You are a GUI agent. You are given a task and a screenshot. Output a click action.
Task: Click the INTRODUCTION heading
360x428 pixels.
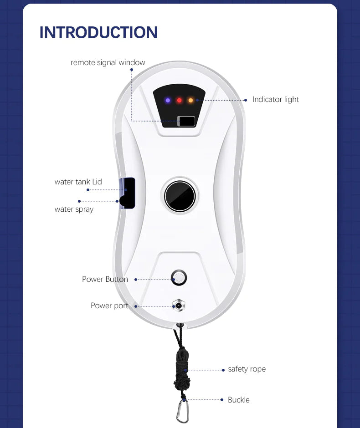pos(98,32)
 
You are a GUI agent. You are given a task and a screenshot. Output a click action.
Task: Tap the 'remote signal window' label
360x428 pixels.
pos(108,62)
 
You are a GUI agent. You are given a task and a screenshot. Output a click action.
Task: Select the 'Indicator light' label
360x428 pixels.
pos(276,99)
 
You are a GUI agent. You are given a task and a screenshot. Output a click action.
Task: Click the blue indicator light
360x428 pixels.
pos(168,100)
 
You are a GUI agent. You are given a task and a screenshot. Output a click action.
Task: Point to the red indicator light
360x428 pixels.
pos(179,100)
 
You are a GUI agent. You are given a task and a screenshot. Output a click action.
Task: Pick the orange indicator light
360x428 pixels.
pos(190,100)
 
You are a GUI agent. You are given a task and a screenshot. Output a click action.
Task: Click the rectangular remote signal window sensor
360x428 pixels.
pos(186,121)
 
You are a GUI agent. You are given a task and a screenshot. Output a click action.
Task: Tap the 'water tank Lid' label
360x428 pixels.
pos(78,182)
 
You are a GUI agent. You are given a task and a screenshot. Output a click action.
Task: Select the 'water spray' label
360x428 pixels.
pos(74,209)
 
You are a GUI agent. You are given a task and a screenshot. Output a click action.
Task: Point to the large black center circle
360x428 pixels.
pos(180,196)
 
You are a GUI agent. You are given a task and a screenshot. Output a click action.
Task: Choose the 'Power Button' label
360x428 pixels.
pos(105,279)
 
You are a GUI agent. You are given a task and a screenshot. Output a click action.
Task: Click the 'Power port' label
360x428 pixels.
pos(109,306)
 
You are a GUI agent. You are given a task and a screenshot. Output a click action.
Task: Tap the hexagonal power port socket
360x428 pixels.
pos(179,306)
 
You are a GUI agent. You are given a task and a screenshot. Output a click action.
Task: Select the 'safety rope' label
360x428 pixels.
pos(247,369)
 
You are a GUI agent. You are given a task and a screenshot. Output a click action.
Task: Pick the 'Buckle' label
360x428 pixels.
pos(239,400)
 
